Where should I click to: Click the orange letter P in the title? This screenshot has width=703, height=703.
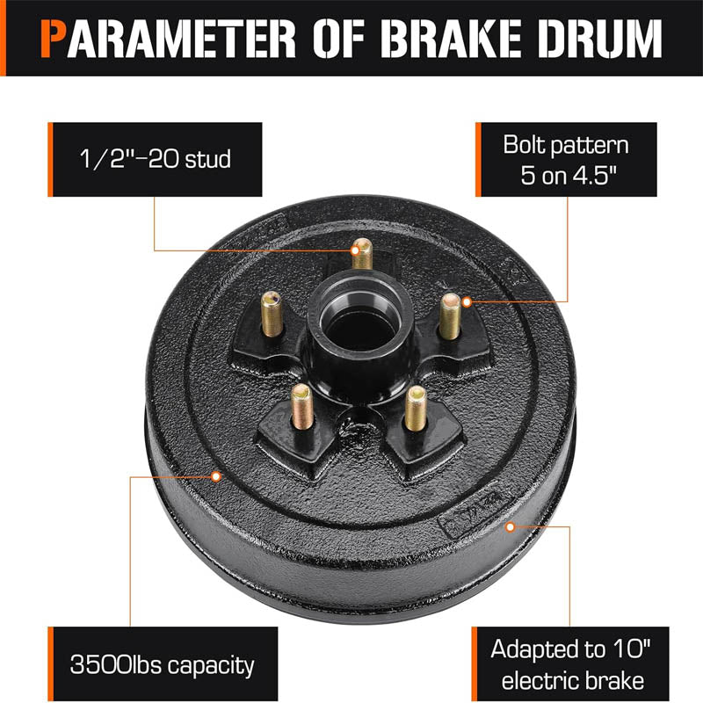pyautogui.click(x=54, y=37)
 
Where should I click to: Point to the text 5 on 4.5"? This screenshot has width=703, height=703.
pyautogui.click(x=566, y=171)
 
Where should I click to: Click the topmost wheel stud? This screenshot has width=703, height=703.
pyautogui.click(x=360, y=255)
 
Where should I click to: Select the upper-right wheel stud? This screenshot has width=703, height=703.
pyautogui.click(x=451, y=315)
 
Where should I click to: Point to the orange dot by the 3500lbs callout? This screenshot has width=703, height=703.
pyautogui.click(x=216, y=476)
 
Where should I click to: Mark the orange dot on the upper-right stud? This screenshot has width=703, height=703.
pyautogui.click(x=467, y=301)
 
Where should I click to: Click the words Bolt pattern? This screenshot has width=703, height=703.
pyautogui.click(x=566, y=144)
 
